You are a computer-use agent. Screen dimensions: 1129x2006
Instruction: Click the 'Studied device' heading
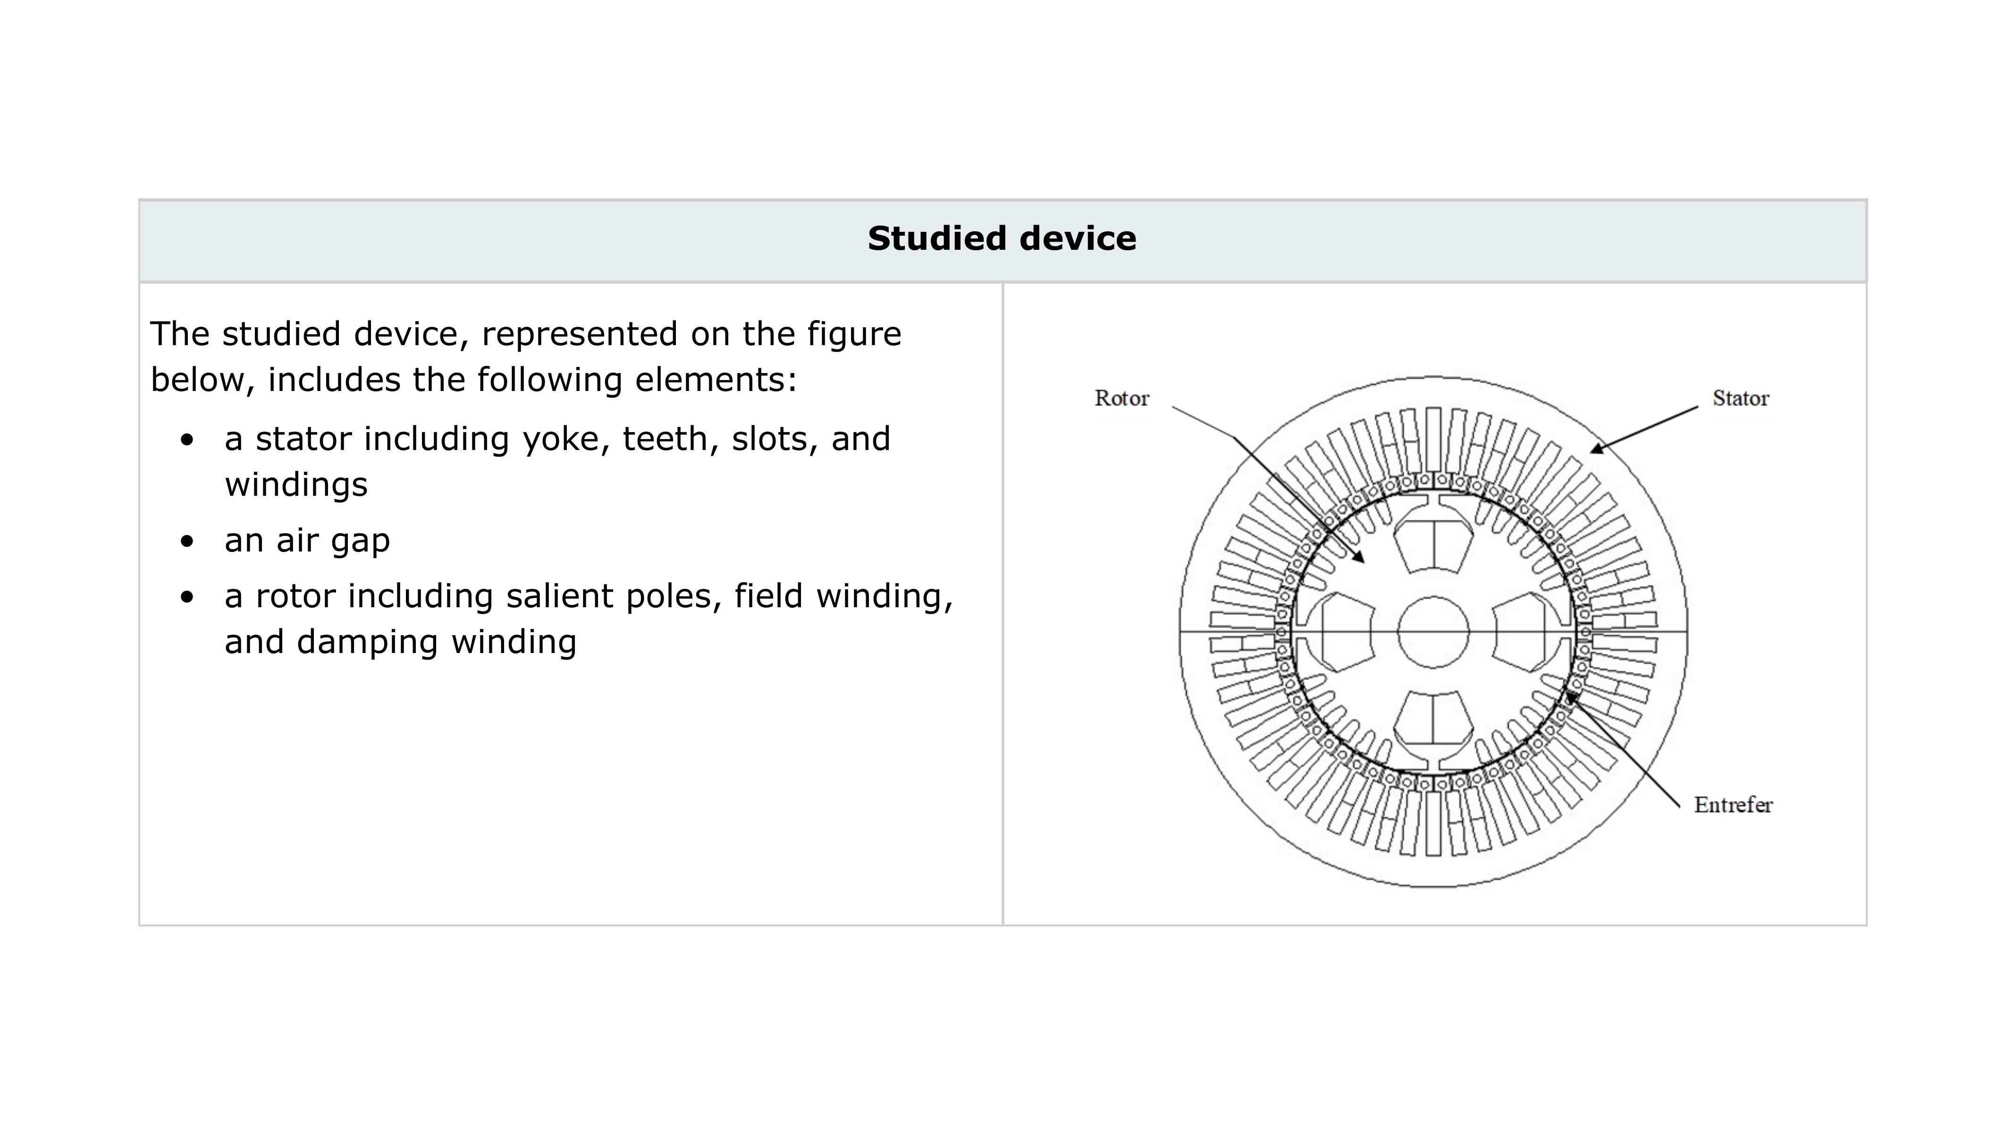1002,238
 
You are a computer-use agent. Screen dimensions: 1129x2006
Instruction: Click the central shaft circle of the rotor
1433,632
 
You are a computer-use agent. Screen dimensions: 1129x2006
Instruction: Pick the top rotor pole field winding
1433,545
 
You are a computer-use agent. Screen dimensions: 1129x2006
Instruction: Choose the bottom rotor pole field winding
1433,718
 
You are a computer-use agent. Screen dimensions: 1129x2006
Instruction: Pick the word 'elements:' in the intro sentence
716,380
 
